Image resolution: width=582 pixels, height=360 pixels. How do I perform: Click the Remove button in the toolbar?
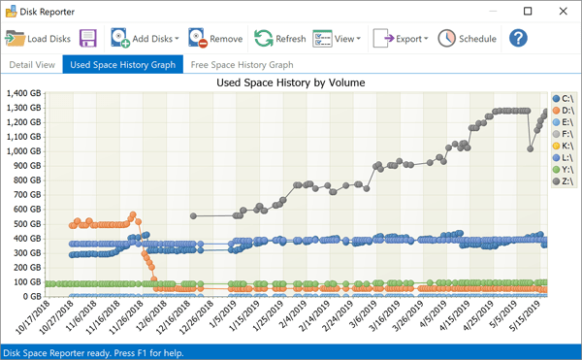pyautogui.click(x=215, y=39)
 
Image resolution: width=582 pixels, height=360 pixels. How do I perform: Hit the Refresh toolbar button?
pyautogui.click(x=280, y=39)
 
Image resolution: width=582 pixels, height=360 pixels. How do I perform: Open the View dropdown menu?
pyautogui.click(x=337, y=39)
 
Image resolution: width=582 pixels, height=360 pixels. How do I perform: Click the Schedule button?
pyautogui.click(x=468, y=39)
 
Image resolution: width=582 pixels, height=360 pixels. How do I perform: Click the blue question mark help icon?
pyautogui.click(x=518, y=39)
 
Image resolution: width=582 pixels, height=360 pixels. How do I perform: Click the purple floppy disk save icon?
pyautogui.click(x=88, y=39)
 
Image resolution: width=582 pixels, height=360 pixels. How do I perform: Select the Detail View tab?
pyautogui.click(x=32, y=65)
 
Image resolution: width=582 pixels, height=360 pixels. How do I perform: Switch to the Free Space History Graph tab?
pyautogui.click(x=242, y=65)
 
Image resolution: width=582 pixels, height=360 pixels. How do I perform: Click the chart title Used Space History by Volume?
pyautogui.click(x=290, y=82)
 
